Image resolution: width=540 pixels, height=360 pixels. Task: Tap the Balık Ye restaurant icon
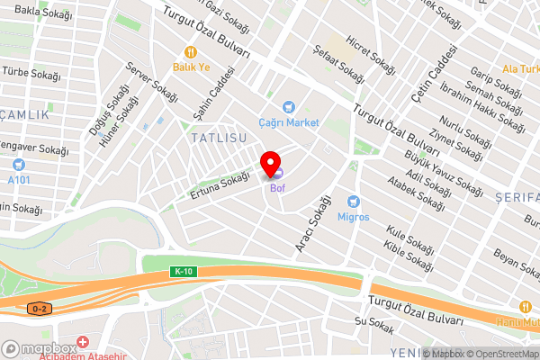pos(191,51)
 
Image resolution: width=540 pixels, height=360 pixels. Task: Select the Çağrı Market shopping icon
pos(289,107)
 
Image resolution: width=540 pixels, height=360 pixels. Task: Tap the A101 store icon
pos(19,165)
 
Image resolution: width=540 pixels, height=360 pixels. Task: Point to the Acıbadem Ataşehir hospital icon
pos(83,343)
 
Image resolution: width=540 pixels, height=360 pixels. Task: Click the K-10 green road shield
pos(184,272)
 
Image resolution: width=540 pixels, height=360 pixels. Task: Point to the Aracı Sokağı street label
pos(309,223)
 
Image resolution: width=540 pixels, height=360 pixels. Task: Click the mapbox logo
pos(39,348)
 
